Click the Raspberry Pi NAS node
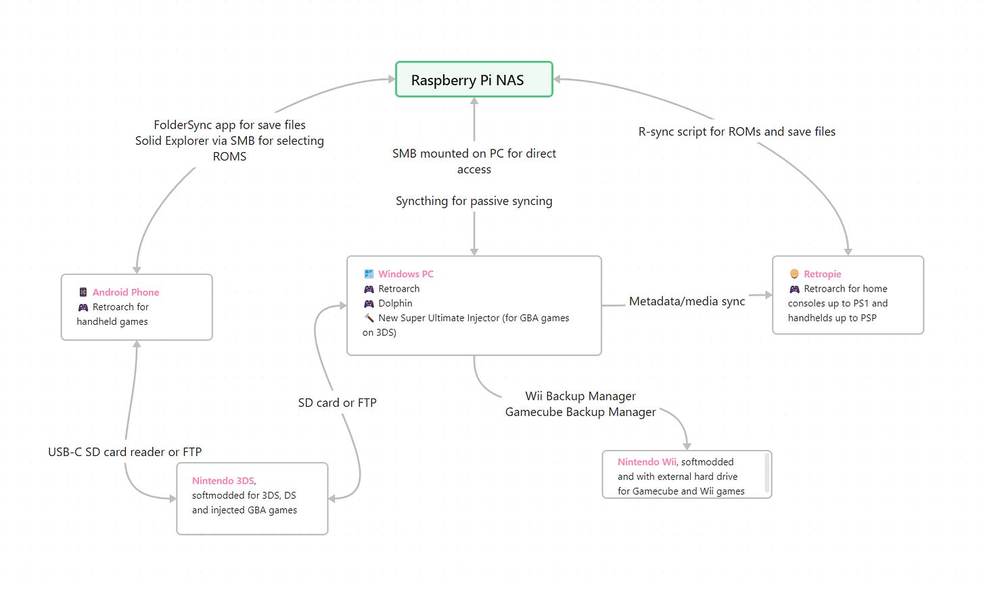point(474,80)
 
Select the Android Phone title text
point(126,292)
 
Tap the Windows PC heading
point(406,274)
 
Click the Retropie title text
point(823,274)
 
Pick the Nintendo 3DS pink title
point(223,481)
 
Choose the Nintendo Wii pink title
point(647,462)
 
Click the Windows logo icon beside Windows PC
point(369,274)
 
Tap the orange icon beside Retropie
point(794,274)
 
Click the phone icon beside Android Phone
point(83,292)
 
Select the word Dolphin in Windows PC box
point(395,304)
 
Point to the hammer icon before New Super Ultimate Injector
point(369,318)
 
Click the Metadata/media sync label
point(687,302)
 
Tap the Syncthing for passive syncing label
point(474,201)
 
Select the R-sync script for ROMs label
point(737,132)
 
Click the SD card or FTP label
point(337,403)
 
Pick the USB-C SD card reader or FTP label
point(124,452)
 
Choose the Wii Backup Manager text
point(580,396)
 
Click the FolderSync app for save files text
point(229,125)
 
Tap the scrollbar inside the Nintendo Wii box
point(766,474)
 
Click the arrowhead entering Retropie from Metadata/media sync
point(768,295)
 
